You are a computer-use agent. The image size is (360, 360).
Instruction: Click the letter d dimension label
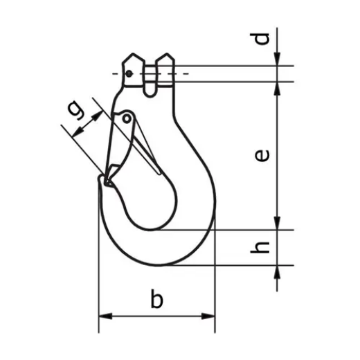point(261,39)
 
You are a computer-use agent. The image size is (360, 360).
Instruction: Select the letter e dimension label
point(261,156)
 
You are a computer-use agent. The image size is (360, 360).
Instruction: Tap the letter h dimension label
point(261,246)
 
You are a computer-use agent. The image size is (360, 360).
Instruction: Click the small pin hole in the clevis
point(129,73)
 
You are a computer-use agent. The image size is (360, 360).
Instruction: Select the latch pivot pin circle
point(127,119)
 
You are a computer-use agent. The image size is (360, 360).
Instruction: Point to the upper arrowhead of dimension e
point(277,88)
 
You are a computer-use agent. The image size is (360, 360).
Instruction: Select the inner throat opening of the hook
point(149,201)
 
